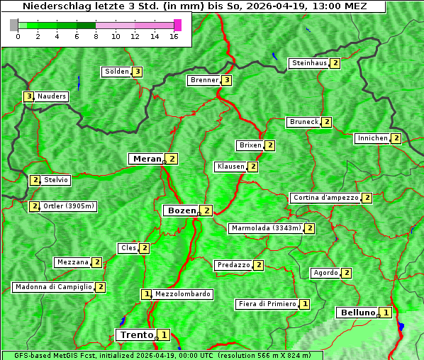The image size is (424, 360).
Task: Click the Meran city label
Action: (146, 159)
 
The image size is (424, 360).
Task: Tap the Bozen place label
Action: (180, 210)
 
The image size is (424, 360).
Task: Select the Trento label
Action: (136, 334)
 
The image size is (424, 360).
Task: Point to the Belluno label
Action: (357, 313)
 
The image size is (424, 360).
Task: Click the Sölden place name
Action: (117, 72)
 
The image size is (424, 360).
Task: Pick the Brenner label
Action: (204, 80)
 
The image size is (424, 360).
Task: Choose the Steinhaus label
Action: (309, 63)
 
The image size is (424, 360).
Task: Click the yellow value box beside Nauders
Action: (28, 96)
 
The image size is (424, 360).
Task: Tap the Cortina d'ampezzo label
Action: (325, 198)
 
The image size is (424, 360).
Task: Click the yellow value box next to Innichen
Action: (396, 138)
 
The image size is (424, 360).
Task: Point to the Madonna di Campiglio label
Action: (53, 287)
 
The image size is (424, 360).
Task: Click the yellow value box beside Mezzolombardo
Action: (147, 294)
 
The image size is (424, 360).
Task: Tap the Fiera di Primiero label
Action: (267, 304)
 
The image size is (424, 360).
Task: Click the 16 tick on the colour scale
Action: (174, 36)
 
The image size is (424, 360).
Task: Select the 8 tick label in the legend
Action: (96, 36)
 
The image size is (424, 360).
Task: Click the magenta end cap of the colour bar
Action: (177, 25)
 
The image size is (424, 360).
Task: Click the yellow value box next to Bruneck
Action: (327, 122)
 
